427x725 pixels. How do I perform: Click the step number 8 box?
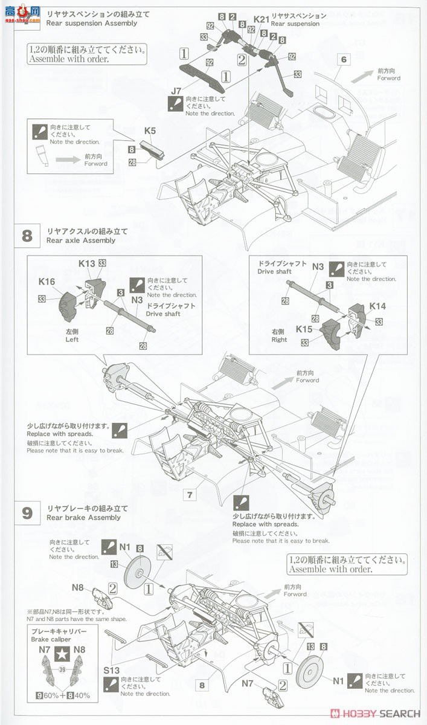[x=27, y=235]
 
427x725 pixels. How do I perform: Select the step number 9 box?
[x=27, y=512]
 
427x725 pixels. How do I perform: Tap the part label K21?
[x=260, y=19]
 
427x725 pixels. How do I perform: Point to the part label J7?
[x=176, y=91]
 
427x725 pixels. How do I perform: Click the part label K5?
[x=150, y=130]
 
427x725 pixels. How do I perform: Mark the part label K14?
[x=377, y=306]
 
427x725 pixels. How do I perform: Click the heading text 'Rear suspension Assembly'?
[x=91, y=24]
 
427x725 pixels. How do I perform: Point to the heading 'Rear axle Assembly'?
[x=80, y=240]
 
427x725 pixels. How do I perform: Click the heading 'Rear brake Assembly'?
[x=83, y=518]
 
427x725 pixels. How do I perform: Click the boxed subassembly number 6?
[x=344, y=59]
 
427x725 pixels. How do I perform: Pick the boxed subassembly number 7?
[x=190, y=495]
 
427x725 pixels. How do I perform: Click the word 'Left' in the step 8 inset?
[x=72, y=340]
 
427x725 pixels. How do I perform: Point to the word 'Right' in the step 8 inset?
[x=279, y=340]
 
